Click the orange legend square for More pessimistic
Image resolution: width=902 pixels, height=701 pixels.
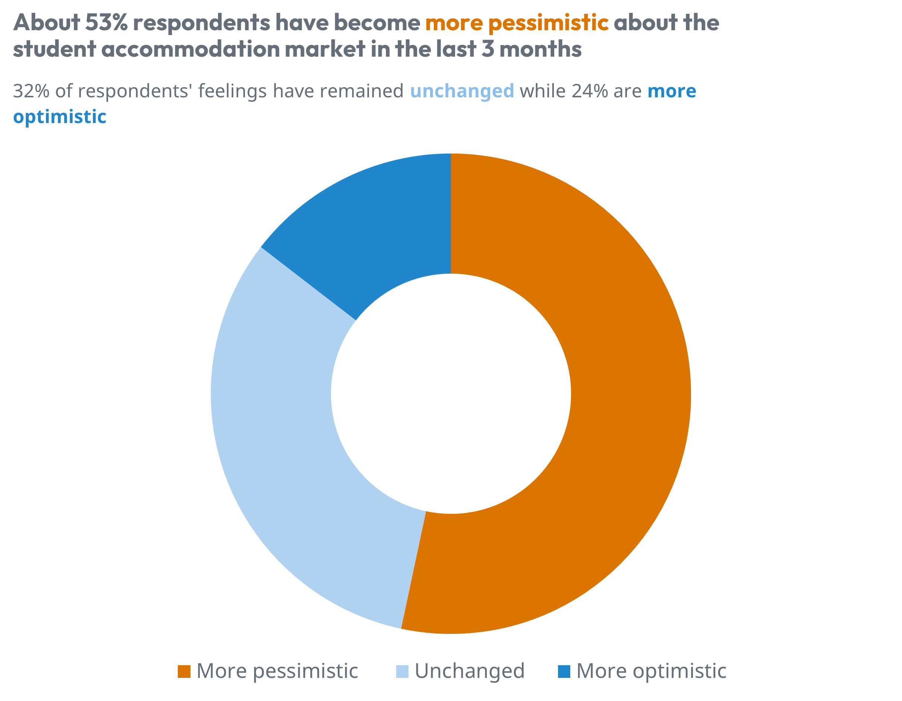[184, 671]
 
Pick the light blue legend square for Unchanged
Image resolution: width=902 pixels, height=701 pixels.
[402, 671]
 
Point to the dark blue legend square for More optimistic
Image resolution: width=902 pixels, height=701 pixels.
[564, 671]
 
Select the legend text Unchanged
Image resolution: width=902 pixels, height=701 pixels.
[469, 671]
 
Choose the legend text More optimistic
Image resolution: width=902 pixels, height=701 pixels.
[651, 671]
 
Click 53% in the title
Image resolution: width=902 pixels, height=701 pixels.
[107, 22]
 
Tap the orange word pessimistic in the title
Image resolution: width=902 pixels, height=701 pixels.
[548, 23]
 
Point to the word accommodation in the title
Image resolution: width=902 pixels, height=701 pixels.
[190, 49]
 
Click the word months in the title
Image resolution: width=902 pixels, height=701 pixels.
[540, 49]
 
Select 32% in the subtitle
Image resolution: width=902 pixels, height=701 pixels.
[31, 91]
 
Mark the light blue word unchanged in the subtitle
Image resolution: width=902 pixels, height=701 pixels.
[462, 91]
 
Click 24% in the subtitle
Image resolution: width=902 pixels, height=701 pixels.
[589, 91]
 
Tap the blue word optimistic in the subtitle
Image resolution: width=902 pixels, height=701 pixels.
[60, 117]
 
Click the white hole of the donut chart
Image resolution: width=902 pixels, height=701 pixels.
[451, 394]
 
